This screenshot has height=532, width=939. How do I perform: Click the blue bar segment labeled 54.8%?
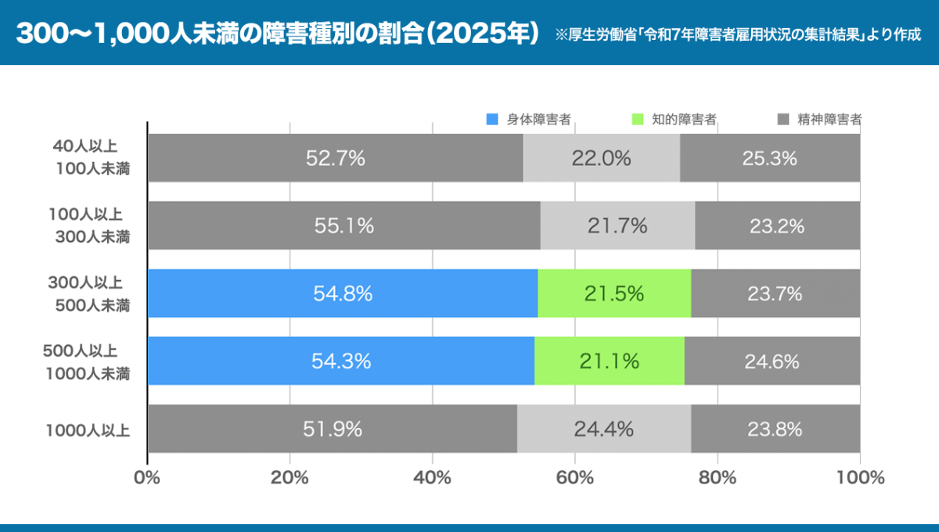[342, 293]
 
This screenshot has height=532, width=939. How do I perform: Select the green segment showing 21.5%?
[613, 293]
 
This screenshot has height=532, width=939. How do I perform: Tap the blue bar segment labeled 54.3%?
[340, 361]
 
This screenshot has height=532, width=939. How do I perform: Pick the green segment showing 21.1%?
[609, 361]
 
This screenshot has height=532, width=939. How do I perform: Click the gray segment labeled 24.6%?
[772, 361]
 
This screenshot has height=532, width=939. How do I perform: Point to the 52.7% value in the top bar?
[335, 158]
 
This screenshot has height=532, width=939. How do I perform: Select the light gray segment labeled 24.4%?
[603, 429]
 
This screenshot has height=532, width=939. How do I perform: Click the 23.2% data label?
[777, 226]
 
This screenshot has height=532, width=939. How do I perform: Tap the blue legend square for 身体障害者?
[491, 120]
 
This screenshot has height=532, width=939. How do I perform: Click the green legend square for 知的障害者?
[637, 120]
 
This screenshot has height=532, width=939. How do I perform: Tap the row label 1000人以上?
[87, 430]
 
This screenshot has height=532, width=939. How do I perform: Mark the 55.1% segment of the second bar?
[344, 226]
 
